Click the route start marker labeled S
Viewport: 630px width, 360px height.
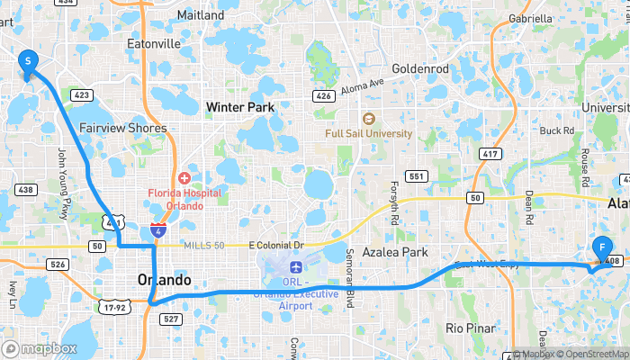[28, 61]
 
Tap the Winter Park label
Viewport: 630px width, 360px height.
[239, 108]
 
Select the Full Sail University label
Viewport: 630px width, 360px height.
[369, 133]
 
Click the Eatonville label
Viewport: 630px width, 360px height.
[154, 43]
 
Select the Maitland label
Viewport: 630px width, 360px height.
[201, 15]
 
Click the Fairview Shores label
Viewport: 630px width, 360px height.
[123, 128]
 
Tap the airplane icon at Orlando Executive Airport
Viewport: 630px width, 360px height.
[297, 267]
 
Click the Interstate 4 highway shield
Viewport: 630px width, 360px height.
[158, 231]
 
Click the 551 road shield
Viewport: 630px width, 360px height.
[416, 176]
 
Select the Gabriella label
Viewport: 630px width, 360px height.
[530, 18]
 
